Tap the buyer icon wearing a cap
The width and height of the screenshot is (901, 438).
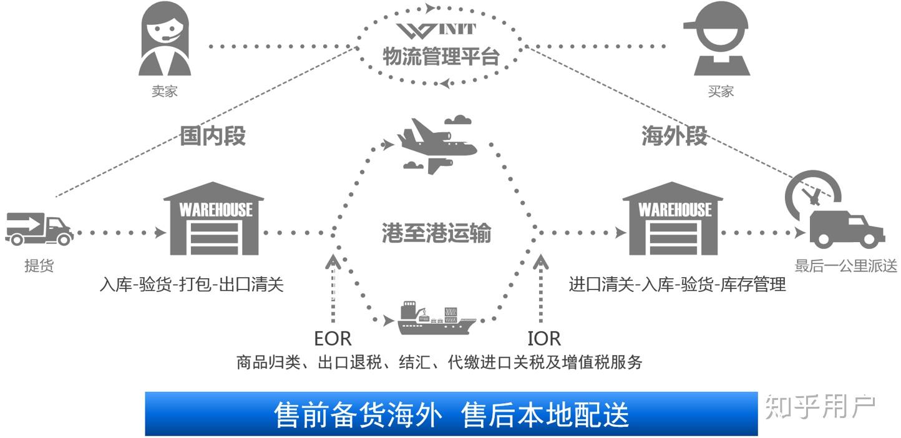(x=721, y=39)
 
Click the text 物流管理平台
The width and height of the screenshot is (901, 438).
(x=441, y=57)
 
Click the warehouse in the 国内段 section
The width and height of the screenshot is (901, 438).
(x=214, y=218)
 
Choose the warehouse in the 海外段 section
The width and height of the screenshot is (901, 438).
(x=673, y=218)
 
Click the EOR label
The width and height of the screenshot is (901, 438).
(x=333, y=339)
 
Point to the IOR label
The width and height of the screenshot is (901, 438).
(x=544, y=339)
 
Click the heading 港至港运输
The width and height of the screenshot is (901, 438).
(x=436, y=233)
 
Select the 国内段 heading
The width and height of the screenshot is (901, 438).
(x=213, y=135)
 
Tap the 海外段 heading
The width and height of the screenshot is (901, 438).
(x=675, y=135)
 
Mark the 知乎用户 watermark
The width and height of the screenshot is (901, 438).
(x=821, y=407)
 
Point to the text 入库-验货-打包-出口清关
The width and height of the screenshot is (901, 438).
(x=192, y=285)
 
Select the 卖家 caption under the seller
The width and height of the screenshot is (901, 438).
(x=165, y=91)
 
